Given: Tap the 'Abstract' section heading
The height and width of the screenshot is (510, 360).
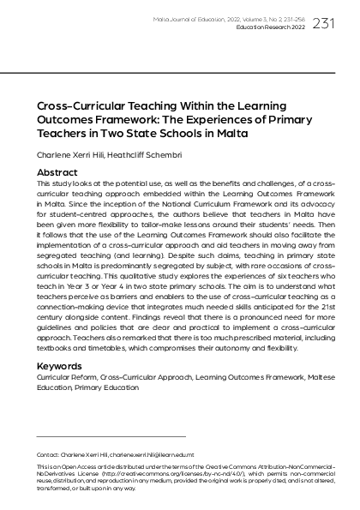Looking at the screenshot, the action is coord(57,172).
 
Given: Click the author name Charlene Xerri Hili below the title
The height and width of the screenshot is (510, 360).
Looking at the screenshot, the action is coord(72,155).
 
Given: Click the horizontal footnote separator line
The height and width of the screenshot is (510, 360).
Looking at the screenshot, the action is coord(111,436).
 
